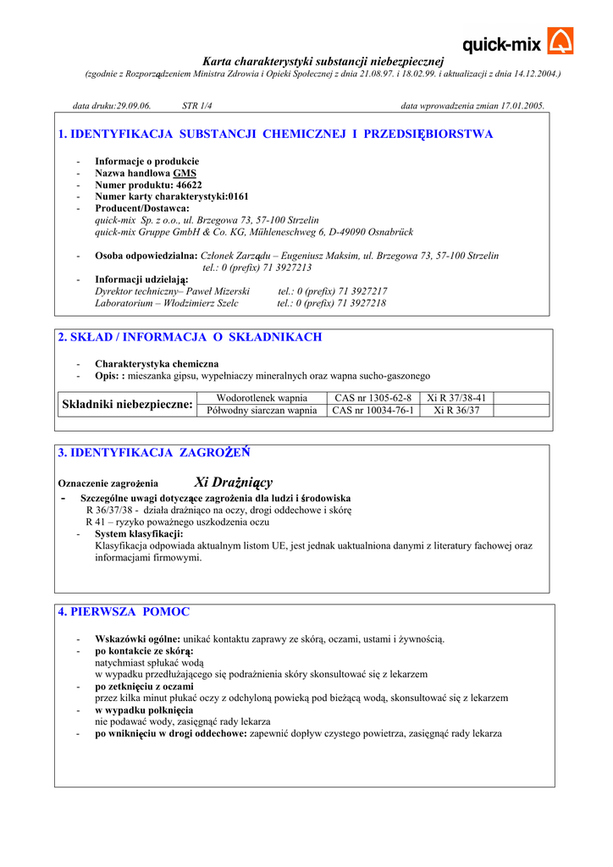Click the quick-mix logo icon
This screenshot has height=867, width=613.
point(560,41)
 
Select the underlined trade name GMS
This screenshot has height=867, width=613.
point(185,173)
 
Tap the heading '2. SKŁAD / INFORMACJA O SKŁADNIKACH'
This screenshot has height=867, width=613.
point(190,337)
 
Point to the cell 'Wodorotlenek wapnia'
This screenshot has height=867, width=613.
point(262,398)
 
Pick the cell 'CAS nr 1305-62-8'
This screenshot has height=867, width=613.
point(373,398)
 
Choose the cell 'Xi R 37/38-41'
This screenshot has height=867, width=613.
point(456,398)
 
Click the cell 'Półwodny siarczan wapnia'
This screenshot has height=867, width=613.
point(262,411)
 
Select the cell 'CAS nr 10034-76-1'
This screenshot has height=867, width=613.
point(373,411)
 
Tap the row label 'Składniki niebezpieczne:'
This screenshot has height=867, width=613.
point(128,405)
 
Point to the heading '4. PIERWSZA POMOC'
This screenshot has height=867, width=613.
point(124,611)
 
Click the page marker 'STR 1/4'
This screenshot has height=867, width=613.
point(197,106)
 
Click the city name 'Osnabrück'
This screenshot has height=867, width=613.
point(389,231)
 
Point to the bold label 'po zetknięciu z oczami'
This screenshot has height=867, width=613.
point(144,687)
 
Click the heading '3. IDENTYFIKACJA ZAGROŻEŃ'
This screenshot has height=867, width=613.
point(154,453)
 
